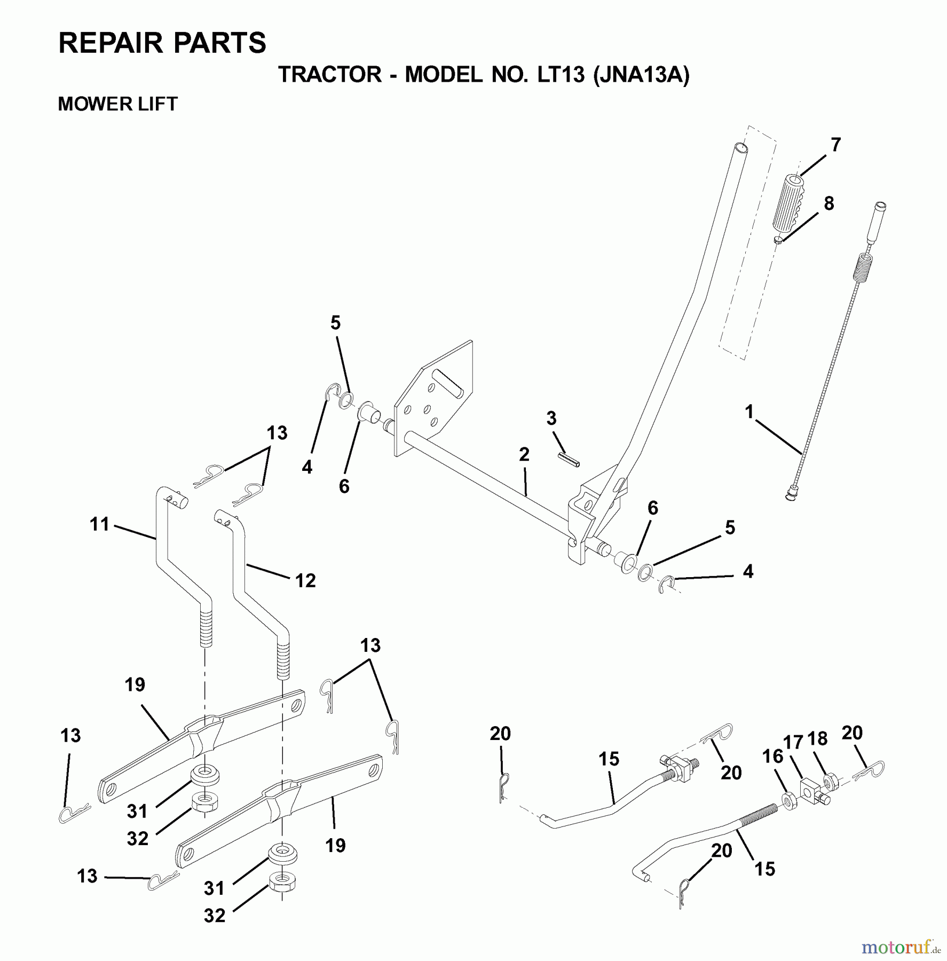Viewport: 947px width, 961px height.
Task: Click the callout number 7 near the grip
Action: [x=835, y=145]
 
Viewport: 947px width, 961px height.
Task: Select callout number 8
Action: [x=828, y=203]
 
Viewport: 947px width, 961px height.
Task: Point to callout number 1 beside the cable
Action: [x=749, y=412]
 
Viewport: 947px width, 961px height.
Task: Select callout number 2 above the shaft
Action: [x=524, y=455]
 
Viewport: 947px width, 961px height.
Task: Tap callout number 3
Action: [x=551, y=418]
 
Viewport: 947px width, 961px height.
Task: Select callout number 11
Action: [x=100, y=524]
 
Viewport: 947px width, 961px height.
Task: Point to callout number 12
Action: [x=305, y=580]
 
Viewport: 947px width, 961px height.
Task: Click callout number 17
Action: [x=793, y=743]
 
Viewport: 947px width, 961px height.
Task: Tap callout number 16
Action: [x=772, y=757]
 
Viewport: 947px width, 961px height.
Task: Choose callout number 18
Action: [x=817, y=738]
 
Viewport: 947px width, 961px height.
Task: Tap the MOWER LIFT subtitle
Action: [x=117, y=104]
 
